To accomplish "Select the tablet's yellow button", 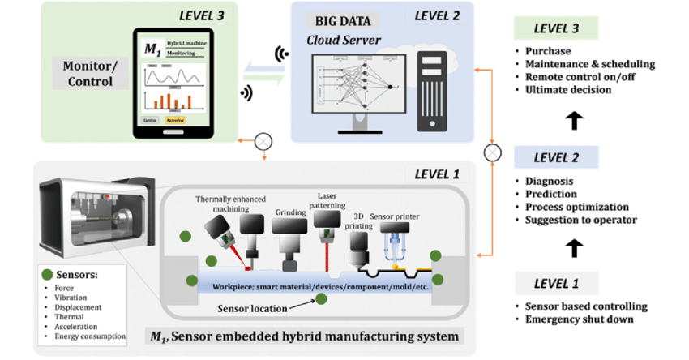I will pos(175,119).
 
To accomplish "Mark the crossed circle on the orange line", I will pos(490,152).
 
